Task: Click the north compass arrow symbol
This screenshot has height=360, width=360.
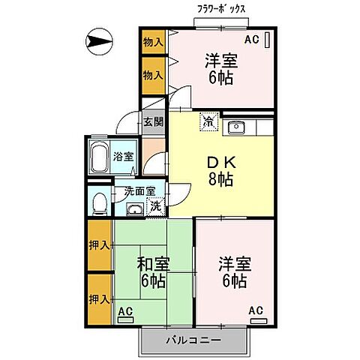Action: pyautogui.click(x=99, y=41)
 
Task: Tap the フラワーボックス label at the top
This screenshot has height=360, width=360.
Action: pyautogui.click(x=221, y=10)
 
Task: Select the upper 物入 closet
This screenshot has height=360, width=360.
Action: pyautogui.click(x=153, y=42)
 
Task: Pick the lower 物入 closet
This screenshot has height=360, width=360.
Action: pyautogui.click(x=153, y=76)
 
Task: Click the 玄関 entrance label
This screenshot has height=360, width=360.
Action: pyautogui.click(x=153, y=122)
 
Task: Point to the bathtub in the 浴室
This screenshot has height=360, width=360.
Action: pyautogui.click(x=99, y=157)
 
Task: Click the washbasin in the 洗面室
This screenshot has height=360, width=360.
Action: pyautogui.click(x=135, y=208)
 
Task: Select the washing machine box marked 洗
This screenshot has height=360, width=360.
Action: pyautogui.click(x=156, y=206)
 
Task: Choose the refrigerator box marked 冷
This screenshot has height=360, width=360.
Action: pyautogui.click(x=209, y=121)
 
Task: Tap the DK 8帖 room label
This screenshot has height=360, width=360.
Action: pyautogui.click(x=221, y=171)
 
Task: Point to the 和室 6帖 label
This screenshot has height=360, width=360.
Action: pyautogui.click(x=153, y=272)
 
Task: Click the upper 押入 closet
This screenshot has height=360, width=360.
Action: pyautogui.click(x=100, y=245)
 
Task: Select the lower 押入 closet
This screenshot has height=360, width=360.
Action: pyautogui.click(x=100, y=299)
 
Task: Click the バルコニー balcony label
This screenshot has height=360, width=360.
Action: pyautogui.click(x=194, y=340)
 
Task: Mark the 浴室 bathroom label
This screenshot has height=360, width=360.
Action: pyautogui.click(x=123, y=157)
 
